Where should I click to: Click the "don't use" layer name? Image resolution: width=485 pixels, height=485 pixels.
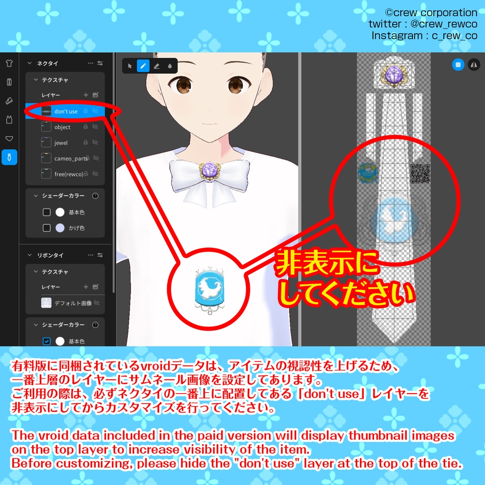click(x=66, y=111)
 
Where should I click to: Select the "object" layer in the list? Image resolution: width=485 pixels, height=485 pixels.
click(x=62, y=127)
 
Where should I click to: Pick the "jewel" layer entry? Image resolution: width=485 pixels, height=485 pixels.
click(x=61, y=143)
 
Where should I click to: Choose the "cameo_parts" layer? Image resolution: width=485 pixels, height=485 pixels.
click(x=71, y=158)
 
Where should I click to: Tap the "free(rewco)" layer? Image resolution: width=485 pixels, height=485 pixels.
click(x=68, y=174)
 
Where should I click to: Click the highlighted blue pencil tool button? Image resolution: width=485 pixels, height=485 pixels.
click(x=143, y=66)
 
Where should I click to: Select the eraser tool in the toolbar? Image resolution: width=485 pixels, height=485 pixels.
click(x=156, y=66)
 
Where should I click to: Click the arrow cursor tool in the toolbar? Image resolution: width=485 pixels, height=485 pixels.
click(x=130, y=66)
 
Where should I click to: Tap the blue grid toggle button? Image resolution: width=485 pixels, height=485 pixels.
click(x=458, y=65)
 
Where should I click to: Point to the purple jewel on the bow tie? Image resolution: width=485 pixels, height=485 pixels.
click(x=208, y=170)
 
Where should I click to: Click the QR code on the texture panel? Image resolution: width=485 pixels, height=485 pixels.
click(x=420, y=173)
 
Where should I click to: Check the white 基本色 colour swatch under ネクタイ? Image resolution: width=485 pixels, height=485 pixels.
click(x=60, y=212)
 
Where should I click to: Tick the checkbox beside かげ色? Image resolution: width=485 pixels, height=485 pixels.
click(x=46, y=228)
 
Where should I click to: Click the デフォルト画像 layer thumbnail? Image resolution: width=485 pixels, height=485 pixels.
click(x=46, y=303)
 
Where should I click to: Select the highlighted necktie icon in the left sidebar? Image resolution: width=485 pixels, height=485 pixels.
click(x=9, y=157)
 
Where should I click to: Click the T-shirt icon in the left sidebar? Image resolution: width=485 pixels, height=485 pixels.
click(x=9, y=63)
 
